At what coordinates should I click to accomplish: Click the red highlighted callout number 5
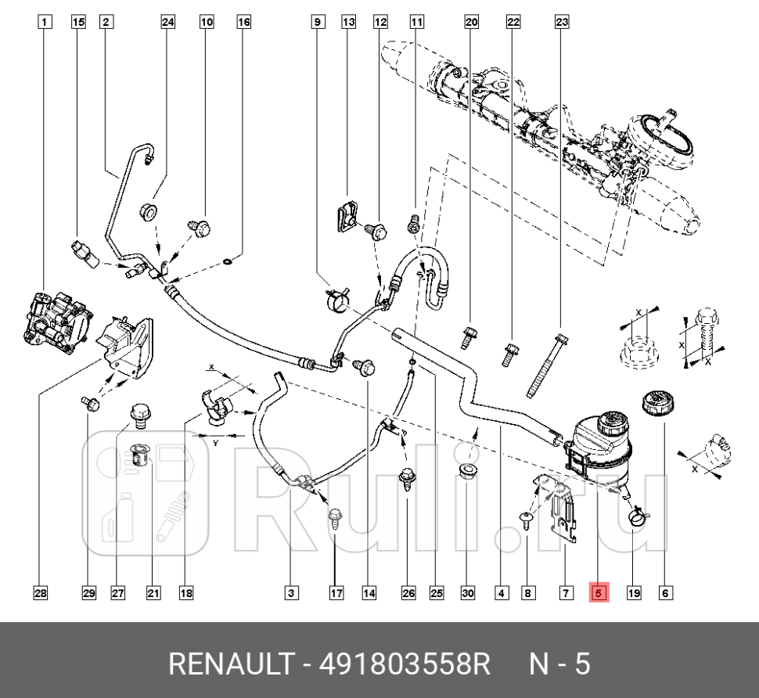(x=599, y=593)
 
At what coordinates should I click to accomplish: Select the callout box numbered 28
(x=40, y=593)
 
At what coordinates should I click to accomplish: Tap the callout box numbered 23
(x=561, y=23)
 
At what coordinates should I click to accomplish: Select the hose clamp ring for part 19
(x=637, y=516)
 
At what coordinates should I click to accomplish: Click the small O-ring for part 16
(x=226, y=261)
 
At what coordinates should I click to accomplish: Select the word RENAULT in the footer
(x=231, y=665)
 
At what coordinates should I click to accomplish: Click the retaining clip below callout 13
(x=346, y=214)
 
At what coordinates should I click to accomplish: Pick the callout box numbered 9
(x=317, y=23)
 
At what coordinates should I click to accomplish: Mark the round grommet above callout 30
(x=467, y=470)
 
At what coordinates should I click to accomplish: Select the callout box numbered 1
(x=45, y=23)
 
